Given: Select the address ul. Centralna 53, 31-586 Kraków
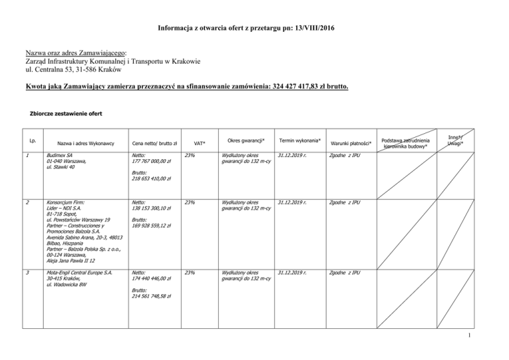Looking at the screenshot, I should click(78, 68).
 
